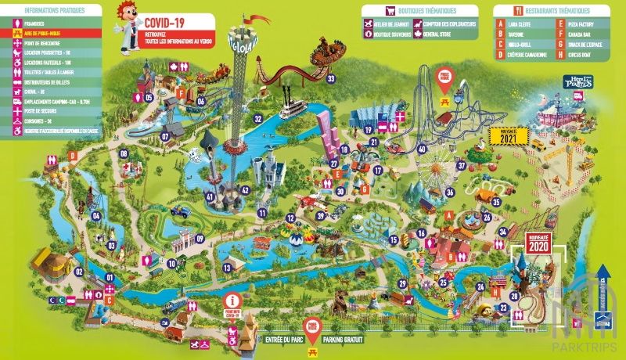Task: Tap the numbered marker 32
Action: pos(257,119)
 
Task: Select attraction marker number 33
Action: pos(330,78)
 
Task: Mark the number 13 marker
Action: pos(227,268)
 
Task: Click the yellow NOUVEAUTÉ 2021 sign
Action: pos(509,135)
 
